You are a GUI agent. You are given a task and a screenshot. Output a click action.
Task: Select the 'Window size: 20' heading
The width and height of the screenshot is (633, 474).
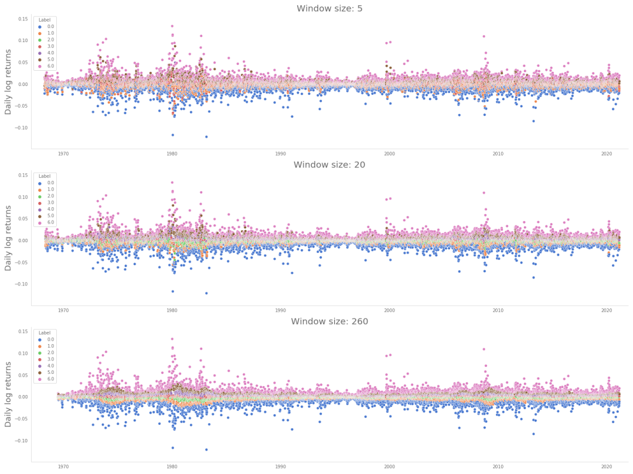click(329, 165)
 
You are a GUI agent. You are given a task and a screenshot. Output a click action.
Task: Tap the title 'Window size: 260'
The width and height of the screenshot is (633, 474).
click(329, 321)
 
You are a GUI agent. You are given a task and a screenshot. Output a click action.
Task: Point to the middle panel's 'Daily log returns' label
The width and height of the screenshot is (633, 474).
click(8, 241)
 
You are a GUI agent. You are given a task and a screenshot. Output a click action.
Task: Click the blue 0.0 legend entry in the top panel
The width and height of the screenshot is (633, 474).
click(47, 26)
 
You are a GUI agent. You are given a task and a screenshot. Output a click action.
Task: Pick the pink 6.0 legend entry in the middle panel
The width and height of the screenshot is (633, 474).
click(47, 222)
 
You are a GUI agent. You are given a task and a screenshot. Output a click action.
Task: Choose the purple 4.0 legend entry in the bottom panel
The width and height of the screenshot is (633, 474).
click(47, 366)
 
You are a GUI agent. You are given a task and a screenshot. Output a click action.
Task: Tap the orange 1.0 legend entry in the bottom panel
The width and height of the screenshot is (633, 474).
click(47, 346)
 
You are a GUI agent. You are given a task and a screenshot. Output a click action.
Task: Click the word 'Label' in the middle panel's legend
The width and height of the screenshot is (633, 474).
click(45, 176)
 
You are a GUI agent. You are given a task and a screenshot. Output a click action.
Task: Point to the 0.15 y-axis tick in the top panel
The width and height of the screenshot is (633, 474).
click(23, 19)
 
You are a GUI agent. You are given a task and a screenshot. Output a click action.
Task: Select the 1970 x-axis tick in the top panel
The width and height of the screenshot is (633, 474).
click(63, 154)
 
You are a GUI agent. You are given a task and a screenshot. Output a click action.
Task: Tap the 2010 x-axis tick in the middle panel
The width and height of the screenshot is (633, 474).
click(498, 311)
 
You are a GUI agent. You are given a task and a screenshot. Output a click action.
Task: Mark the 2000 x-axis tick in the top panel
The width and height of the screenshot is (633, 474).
click(389, 154)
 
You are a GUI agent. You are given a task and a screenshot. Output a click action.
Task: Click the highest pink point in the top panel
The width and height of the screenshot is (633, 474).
click(172, 26)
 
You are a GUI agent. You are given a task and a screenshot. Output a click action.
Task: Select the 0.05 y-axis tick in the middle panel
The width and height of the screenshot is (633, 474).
click(23, 218)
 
